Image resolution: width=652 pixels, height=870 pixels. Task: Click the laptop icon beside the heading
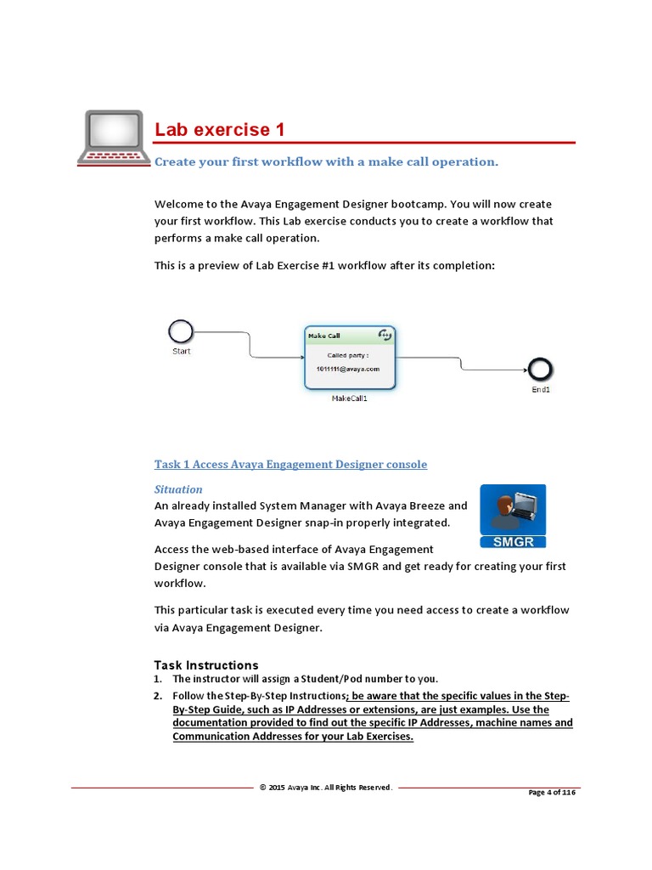tap(112, 136)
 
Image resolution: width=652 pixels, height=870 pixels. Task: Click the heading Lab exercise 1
tap(219, 130)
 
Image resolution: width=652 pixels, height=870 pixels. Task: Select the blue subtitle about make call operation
tap(326, 161)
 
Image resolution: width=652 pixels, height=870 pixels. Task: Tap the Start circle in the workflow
tap(181, 331)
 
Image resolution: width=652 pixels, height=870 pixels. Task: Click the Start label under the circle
tap(182, 351)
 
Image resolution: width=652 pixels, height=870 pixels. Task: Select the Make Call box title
tap(324, 336)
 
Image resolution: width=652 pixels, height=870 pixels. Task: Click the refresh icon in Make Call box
tap(385, 335)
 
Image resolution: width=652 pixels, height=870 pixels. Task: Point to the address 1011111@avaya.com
tap(348, 370)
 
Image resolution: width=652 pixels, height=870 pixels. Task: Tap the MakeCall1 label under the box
tap(349, 398)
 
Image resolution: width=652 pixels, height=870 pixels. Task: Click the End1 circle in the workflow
tap(541, 368)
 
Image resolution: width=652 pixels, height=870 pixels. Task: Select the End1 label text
tap(541, 390)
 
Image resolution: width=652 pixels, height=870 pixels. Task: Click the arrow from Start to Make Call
tap(249, 343)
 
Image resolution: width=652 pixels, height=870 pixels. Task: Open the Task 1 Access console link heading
tap(290, 465)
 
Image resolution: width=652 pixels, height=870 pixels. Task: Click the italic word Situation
tap(178, 489)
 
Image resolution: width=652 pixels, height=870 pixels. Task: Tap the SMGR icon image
tap(513, 516)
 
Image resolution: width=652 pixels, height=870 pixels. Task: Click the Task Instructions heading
tap(206, 665)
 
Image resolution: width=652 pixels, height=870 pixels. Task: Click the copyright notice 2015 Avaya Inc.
tap(326, 788)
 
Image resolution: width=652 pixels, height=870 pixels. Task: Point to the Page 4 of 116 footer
tap(552, 792)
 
